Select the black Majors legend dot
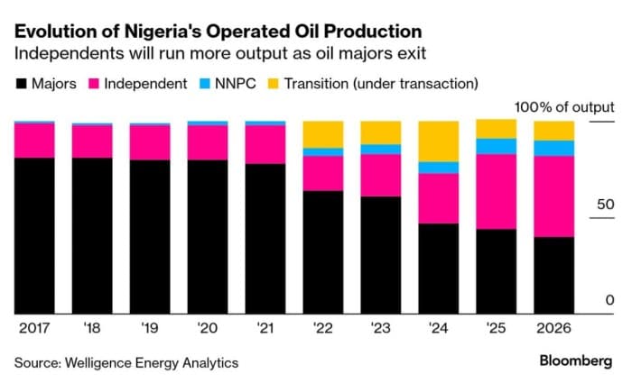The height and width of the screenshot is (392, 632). [x=22, y=84]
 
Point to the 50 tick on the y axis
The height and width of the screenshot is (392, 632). [x=603, y=205]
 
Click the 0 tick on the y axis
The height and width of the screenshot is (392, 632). [x=609, y=300]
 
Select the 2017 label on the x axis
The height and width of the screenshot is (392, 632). [x=33, y=328]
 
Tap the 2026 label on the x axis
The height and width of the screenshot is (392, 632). [x=553, y=328]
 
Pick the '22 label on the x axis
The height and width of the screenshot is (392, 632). [x=322, y=328]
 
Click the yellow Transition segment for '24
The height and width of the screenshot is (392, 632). [x=438, y=141]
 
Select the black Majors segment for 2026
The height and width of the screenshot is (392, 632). [x=553, y=275]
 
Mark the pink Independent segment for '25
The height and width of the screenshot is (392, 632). [x=496, y=191]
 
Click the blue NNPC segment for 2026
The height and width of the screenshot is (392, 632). [x=553, y=148]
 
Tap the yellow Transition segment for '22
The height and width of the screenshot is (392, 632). [x=322, y=133]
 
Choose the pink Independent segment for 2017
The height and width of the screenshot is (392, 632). [x=33, y=140]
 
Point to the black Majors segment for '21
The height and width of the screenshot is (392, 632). [x=265, y=238]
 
